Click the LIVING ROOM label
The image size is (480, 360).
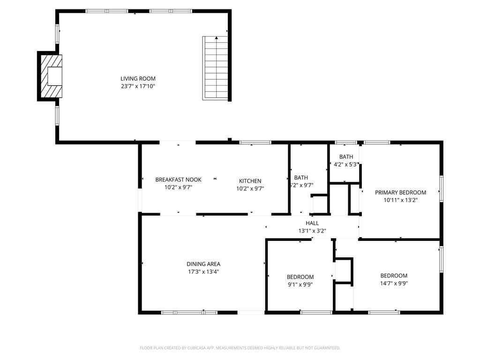[x=138, y=79]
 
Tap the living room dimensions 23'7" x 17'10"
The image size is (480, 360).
[x=138, y=86]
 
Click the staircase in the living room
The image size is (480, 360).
[x=215, y=68]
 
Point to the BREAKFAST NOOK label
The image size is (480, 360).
[x=179, y=180]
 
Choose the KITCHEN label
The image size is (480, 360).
[x=250, y=181]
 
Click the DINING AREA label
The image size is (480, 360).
[x=203, y=264]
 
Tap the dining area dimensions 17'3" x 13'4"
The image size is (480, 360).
[x=203, y=271]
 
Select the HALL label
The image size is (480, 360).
[x=312, y=223]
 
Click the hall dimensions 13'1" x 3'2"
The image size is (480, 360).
[x=312, y=231]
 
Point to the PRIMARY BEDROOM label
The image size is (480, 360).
[x=400, y=193]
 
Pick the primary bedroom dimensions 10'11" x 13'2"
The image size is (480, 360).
[x=400, y=200]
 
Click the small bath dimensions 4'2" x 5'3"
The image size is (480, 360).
[x=346, y=165]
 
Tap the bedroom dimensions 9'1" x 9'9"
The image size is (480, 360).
[x=300, y=285]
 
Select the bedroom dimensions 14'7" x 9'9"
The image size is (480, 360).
[x=394, y=284]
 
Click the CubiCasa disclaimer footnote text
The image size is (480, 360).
[x=240, y=348]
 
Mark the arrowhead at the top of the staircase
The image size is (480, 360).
[x=217, y=38]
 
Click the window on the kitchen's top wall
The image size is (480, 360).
[x=255, y=142]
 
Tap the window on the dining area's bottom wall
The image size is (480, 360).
[x=189, y=313]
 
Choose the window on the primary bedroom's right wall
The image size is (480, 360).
[x=442, y=188]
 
